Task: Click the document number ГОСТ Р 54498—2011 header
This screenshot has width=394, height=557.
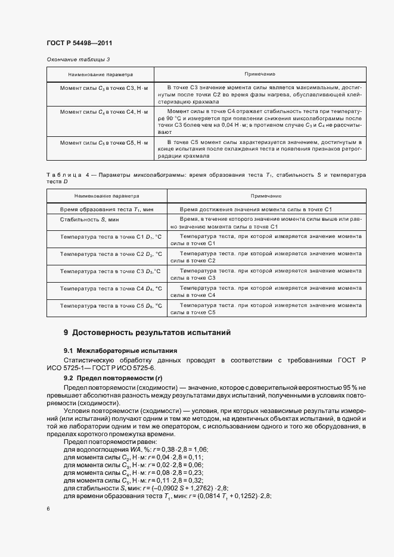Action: pos(79,43)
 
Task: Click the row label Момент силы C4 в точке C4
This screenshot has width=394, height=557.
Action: pos(100,112)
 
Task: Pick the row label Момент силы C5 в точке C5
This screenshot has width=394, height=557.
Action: pos(100,143)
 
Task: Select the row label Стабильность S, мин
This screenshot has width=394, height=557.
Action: pos(82,221)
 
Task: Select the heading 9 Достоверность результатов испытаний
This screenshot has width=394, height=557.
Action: pos(147,332)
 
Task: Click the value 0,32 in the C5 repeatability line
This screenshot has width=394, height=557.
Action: pos(195,479)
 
